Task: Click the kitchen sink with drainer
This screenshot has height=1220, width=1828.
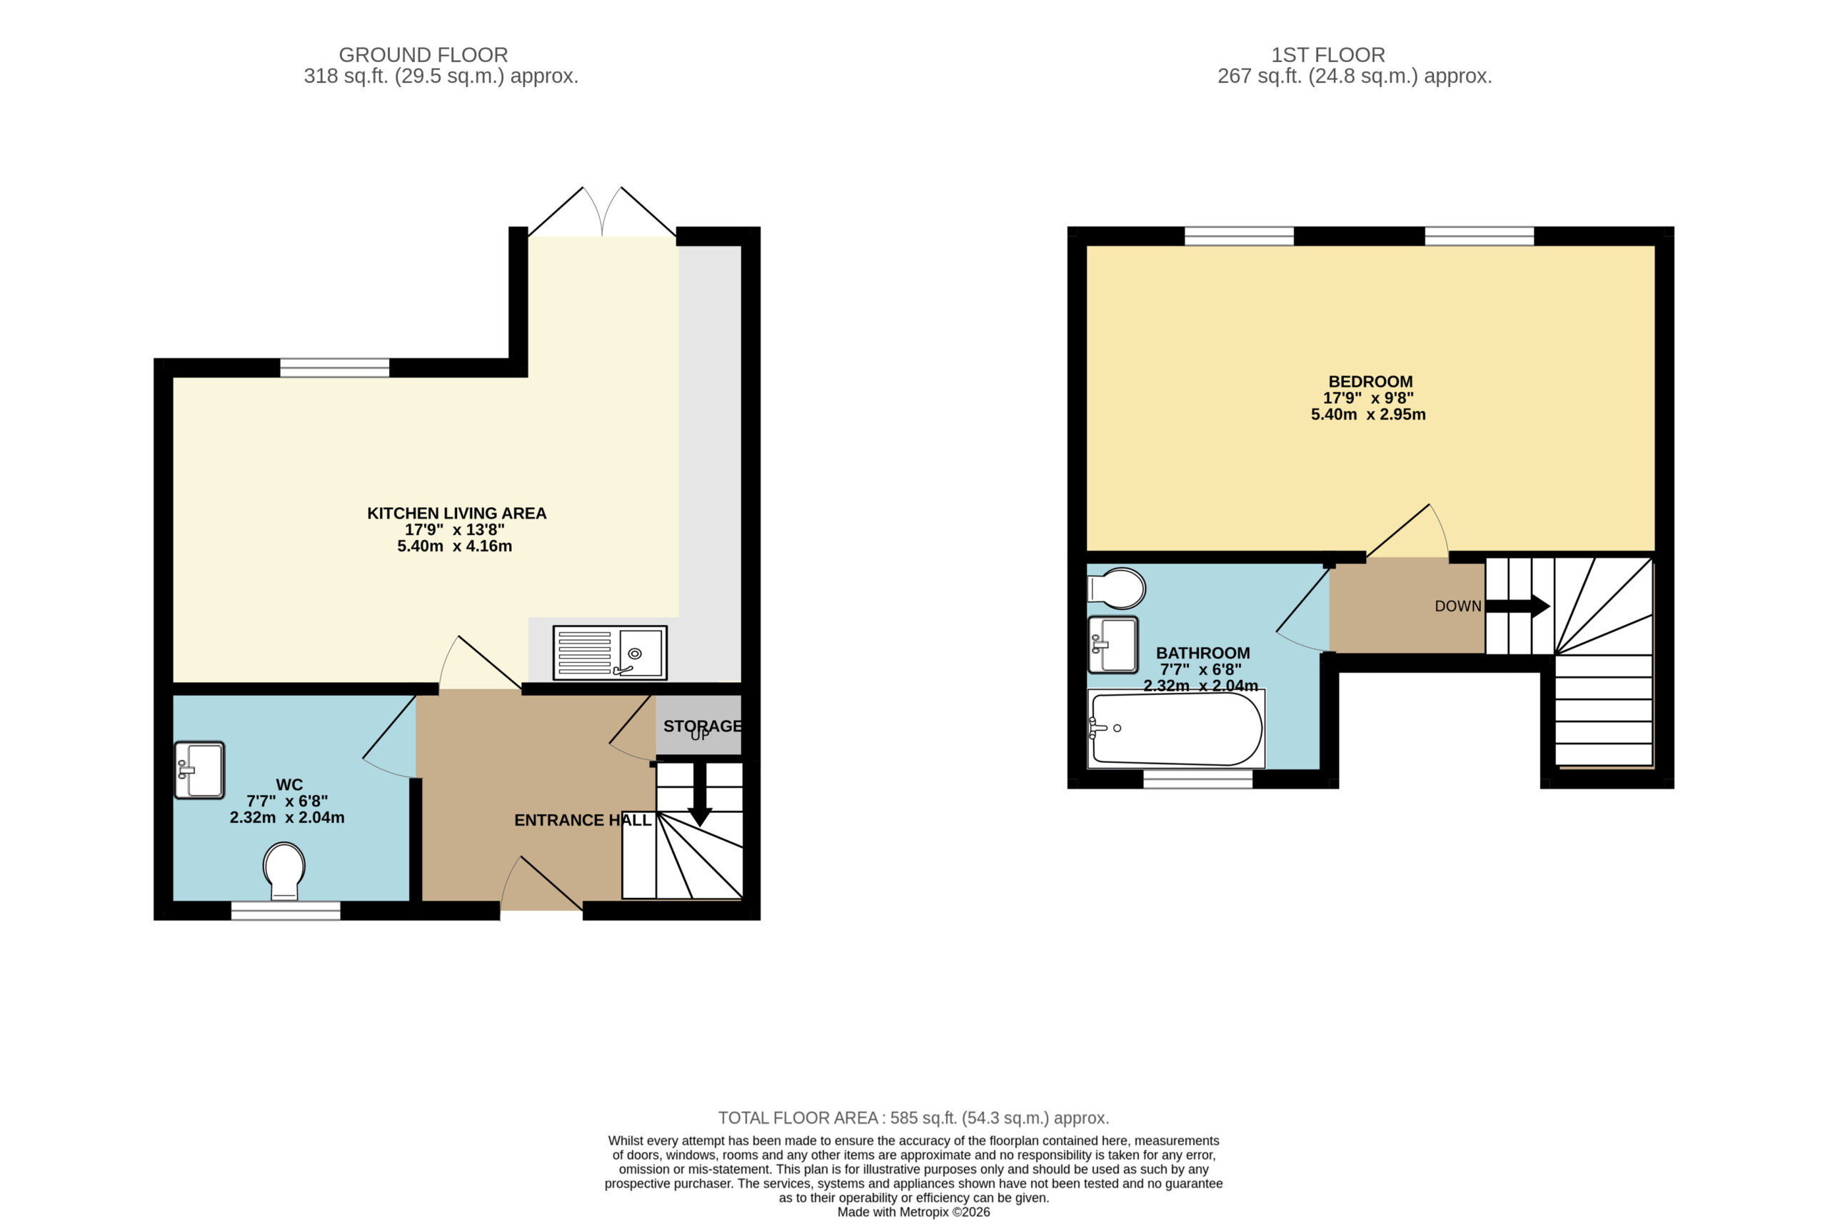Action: pos(610,653)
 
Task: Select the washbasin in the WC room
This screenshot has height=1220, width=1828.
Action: pos(199,770)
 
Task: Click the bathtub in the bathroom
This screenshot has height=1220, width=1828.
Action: pos(1176,729)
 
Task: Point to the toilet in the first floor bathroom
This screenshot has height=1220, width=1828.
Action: pos(1116,589)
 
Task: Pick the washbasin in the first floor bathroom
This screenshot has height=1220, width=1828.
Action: pos(1113,644)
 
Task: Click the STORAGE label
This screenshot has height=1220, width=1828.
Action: pos(703,726)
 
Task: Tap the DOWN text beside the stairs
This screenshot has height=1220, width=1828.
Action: pos(1457,606)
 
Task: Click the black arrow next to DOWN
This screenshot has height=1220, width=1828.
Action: pos(1517,606)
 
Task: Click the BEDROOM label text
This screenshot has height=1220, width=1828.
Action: pos(1370,382)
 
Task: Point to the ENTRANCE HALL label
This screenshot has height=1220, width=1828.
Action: pos(583,820)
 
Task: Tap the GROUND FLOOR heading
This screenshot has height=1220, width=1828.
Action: pos(423,55)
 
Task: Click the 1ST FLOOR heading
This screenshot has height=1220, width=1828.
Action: pos(1328,55)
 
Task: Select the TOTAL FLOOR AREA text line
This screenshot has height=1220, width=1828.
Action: pos(913,1118)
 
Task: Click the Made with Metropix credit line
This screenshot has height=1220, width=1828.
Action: pos(913,1212)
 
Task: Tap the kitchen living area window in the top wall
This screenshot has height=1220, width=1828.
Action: pos(334,367)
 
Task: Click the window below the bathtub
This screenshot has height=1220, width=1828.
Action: pos(1198,779)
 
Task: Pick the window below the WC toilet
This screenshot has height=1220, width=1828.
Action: pos(286,910)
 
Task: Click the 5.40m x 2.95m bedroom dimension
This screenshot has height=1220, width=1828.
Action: pos(1368,415)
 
